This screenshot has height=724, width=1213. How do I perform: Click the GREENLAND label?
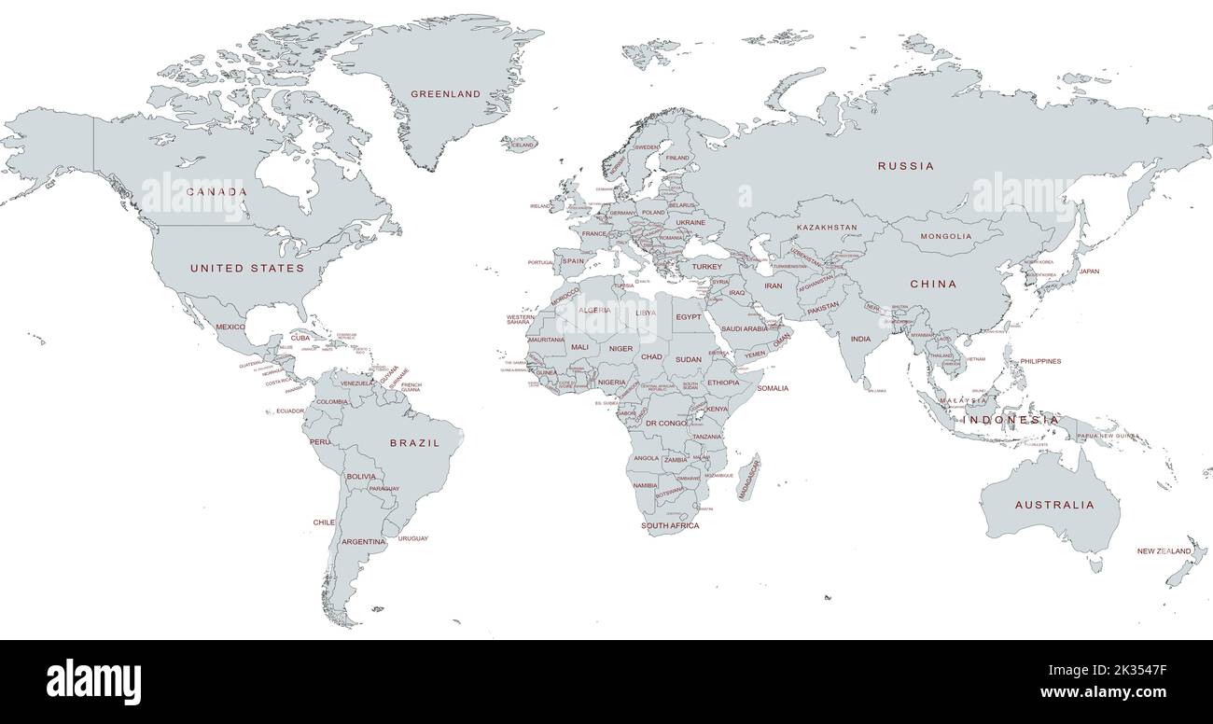click(446, 94)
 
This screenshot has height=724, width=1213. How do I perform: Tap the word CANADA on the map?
click(216, 191)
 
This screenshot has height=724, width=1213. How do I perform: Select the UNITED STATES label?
click(247, 268)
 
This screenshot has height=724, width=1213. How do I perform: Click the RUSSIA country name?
click(905, 166)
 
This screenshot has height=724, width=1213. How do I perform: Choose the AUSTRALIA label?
click(1054, 505)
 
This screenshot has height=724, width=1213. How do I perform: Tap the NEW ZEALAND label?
click(1164, 551)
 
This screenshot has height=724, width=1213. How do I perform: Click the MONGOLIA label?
click(946, 236)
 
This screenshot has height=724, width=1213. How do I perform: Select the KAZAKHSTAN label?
click(827, 228)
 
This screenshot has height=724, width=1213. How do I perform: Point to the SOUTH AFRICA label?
click(669, 526)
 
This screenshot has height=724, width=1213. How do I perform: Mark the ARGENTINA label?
click(363, 541)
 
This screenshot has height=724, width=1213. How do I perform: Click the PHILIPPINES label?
click(1040, 361)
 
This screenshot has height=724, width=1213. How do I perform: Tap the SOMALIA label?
click(773, 388)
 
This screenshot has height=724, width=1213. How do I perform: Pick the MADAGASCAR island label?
click(749, 478)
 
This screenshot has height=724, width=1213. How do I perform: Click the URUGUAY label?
click(413, 539)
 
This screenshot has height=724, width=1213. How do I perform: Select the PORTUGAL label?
click(541, 262)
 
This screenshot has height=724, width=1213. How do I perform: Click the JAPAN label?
click(1089, 271)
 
